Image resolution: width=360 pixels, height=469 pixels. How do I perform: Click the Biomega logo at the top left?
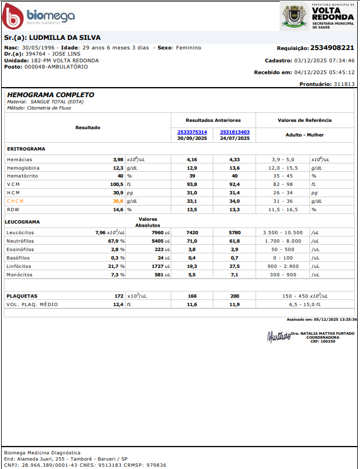click(38, 17)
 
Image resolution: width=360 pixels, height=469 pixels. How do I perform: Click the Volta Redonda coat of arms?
click(294, 16)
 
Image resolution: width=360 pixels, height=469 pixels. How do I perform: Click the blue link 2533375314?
click(192, 132)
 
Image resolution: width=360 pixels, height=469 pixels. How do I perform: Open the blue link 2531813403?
click(235, 132)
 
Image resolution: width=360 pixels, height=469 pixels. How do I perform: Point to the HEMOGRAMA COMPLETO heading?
click(51, 95)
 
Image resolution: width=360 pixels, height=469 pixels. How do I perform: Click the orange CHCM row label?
click(16, 201)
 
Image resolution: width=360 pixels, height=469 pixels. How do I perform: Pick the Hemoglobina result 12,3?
click(118, 168)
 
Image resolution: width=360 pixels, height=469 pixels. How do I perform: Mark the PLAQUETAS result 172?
click(119, 296)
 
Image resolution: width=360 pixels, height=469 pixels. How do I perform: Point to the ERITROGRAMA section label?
click(26, 149)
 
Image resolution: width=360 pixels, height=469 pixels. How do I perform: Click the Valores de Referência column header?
click(304, 120)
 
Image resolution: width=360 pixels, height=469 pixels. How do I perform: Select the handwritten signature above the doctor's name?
click(279, 336)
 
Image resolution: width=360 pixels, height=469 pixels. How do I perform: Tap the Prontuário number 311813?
click(344, 84)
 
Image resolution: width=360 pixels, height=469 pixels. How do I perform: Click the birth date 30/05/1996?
click(38, 48)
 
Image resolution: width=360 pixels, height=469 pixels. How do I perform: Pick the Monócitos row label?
click(20, 275)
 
